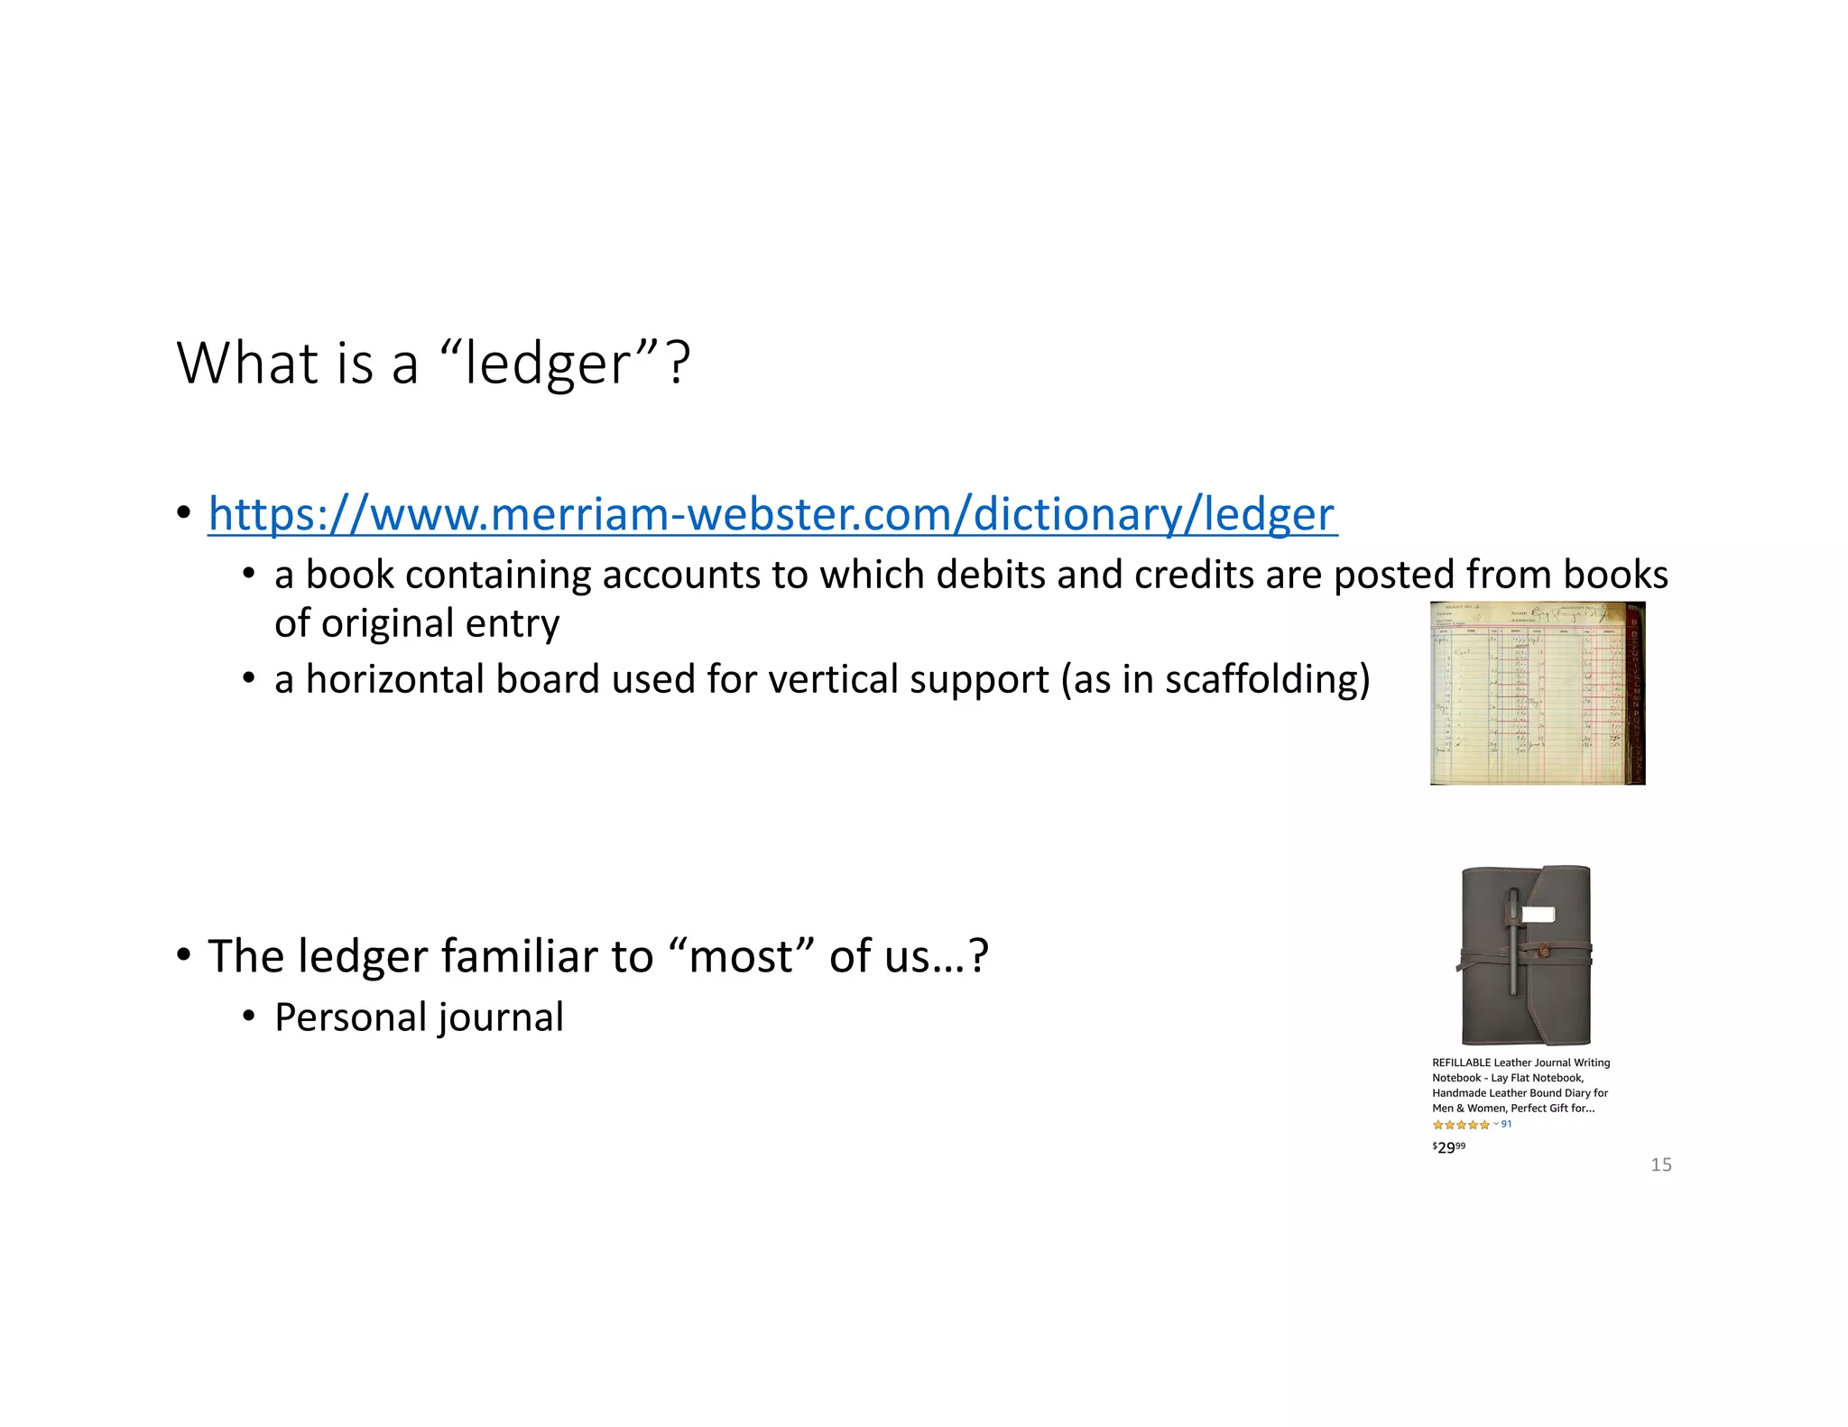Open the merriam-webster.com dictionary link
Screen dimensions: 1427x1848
772,515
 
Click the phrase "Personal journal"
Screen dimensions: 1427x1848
419,1017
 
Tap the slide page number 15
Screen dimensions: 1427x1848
1660,1165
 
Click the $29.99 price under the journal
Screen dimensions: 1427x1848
1448,1147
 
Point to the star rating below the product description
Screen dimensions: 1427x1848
1460,1125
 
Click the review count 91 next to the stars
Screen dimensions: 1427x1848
1506,1124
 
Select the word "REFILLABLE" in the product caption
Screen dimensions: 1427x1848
1461,1063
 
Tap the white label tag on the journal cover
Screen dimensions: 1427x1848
1538,915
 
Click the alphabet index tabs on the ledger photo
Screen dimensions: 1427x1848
1633,695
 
